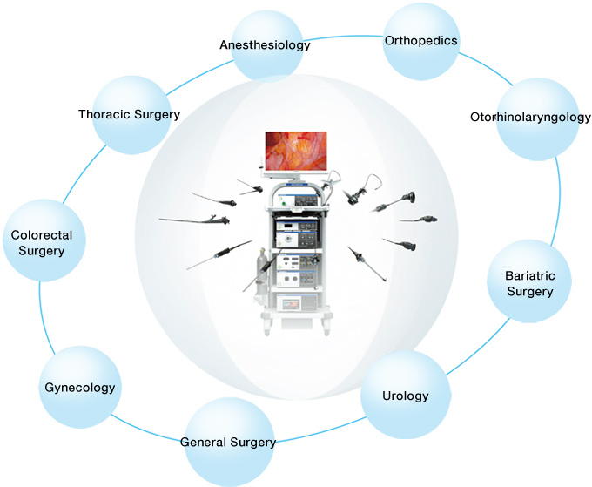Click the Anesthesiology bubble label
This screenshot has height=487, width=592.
click(265, 45)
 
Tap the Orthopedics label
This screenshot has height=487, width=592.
click(420, 40)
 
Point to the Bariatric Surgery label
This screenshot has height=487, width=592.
click(529, 284)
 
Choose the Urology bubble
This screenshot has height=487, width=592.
click(406, 396)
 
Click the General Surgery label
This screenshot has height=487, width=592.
click(228, 442)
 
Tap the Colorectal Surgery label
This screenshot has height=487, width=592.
click(42, 243)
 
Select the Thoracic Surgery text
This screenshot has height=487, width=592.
click(129, 114)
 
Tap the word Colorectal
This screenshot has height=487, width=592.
click(42, 235)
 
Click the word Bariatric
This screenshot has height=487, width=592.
click(529, 276)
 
